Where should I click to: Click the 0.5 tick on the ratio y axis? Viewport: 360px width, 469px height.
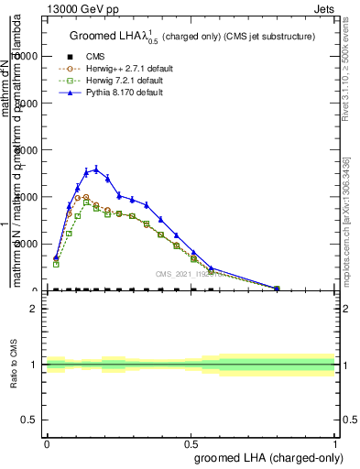click(x=30, y=420)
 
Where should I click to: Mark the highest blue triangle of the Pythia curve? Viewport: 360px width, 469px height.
click(x=95, y=169)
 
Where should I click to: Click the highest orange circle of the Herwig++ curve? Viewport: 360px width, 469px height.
click(x=86, y=196)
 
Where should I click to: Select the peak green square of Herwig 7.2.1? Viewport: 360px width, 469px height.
click(x=86, y=202)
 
